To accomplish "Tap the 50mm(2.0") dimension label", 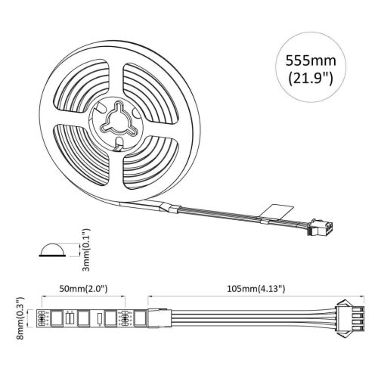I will point(83,289).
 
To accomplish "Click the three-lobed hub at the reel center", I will point(118,121).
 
